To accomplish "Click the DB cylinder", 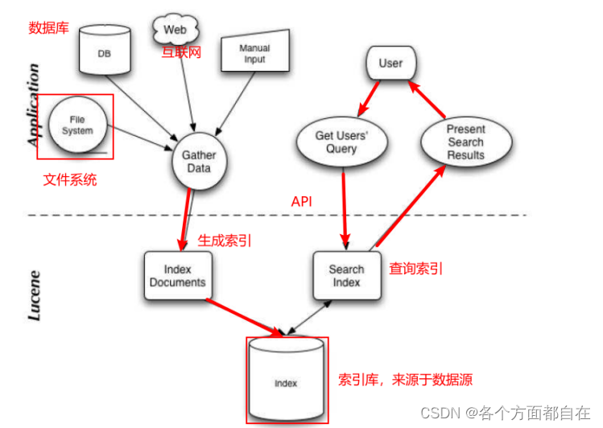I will [x=105, y=50].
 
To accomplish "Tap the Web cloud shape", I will [x=176, y=31].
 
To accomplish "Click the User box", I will [x=390, y=63].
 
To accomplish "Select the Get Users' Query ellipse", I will [x=341, y=142].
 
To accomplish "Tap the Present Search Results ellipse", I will [x=465, y=142].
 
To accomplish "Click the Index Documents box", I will [x=177, y=275].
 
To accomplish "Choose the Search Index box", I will [x=346, y=276].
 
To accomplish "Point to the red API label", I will [x=302, y=201].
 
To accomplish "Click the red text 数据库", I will [x=48, y=28].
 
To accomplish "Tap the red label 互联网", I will [x=181, y=52].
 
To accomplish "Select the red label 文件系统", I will [x=70, y=179].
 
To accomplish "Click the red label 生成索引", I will [x=225, y=240].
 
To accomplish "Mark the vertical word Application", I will [x=34, y=105].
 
